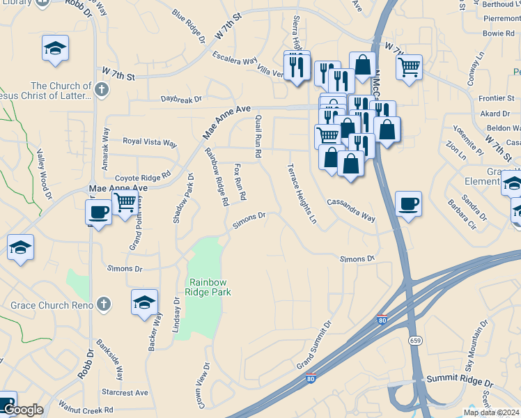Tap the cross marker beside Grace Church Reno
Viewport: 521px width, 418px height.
[103, 304]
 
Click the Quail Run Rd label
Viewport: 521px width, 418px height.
[258, 136]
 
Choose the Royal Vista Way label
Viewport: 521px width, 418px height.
[150, 142]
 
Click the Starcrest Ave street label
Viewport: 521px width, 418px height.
[125, 392]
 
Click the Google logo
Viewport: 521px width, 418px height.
[22, 410]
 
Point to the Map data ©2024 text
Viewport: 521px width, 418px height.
[491, 412]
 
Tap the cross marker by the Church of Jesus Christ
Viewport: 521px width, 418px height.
[101, 89]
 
